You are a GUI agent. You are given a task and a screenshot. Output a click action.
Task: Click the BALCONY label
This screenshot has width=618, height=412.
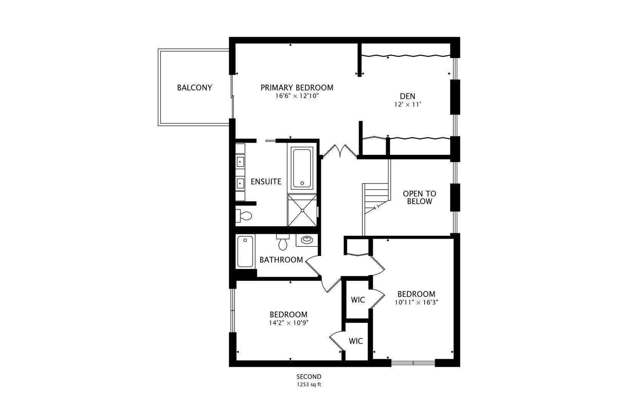[x=194, y=88]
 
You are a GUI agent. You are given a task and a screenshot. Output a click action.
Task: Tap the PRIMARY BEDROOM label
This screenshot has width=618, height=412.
[x=297, y=88]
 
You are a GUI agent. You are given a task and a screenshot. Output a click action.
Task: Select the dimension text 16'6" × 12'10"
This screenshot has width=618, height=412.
[x=297, y=97]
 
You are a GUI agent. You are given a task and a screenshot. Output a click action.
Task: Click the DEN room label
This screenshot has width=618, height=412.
[x=407, y=96]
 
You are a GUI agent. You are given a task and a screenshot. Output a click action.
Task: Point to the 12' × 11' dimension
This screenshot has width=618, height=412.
[x=407, y=105]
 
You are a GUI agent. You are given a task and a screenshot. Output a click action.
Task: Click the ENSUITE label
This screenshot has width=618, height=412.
[x=266, y=182]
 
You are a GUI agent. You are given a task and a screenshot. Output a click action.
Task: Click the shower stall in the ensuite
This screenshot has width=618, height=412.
[x=302, y=210]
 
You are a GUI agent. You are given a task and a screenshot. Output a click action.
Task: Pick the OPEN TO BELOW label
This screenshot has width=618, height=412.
[x=419, y=198]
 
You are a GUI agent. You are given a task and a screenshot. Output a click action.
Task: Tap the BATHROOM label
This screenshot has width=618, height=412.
[x=281, y=260]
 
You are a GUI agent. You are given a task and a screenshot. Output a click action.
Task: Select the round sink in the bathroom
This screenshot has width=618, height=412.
[x=307, y=240]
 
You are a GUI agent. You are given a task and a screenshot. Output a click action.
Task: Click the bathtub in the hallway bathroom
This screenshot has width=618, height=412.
[x=245, y=251]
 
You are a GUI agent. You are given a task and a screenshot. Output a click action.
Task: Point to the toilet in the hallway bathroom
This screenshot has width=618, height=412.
[x=283, y=243]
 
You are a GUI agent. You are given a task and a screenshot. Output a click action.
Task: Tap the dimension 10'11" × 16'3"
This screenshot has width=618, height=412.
[x=416, y=303]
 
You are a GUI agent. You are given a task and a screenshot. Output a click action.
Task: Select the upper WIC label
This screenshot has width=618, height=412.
[x=358, y=300]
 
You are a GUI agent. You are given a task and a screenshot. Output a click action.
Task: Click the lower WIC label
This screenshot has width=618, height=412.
[x=356, y=341]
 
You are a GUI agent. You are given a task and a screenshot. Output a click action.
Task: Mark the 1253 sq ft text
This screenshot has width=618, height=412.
[x=309, y=385]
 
